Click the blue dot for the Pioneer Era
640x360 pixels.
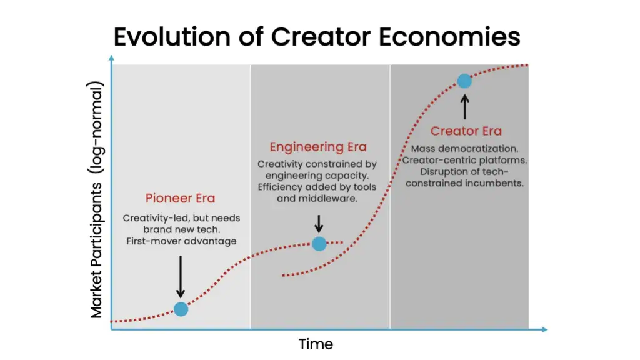click(x=181, y=309)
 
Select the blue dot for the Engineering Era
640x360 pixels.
click(x=319, y=244)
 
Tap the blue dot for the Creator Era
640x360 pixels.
click(x=464, y=81)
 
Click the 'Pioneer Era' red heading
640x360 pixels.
click(x=180, y=198)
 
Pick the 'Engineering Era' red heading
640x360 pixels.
click(x=318, y=147)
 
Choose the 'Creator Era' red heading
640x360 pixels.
click(x=466, y=131)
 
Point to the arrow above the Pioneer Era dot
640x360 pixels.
click(x=181, y=277)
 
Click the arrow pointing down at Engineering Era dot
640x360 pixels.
click(x=319, y=224)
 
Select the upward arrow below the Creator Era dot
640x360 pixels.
click(x=464, y=107)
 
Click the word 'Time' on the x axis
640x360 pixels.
click(x=316, y=344)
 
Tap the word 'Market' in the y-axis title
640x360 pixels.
click(x=96, y=296)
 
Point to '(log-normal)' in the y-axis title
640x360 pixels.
click(x=96, y=127)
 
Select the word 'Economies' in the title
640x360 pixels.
click(x=449, y=37)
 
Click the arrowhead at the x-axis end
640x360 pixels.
click(x=544, y=329)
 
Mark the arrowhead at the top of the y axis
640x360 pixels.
click(x=111, y=58)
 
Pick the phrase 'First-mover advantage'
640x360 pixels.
click(x=181, y=241)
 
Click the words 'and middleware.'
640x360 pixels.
click(x=317, y=199)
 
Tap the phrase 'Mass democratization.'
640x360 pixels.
click(x=464, y=149)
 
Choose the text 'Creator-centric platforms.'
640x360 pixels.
click(x=464, y=160)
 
